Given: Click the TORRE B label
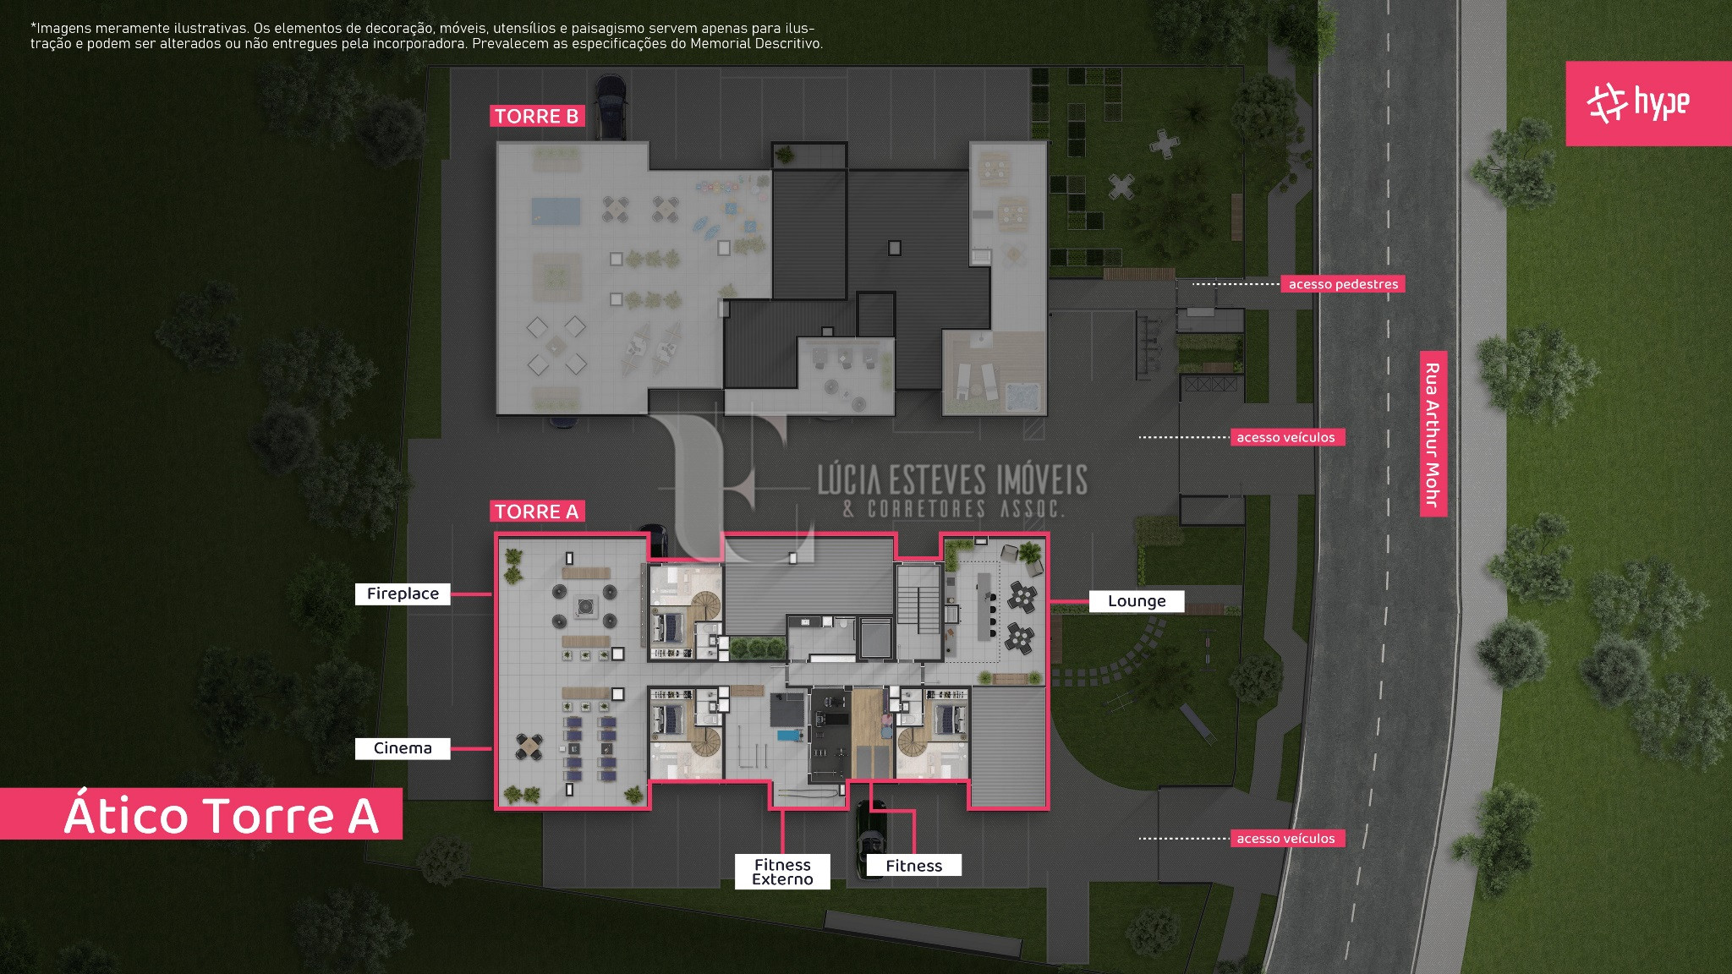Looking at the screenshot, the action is tap(537, 117).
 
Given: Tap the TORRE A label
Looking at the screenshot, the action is tap(537, 512).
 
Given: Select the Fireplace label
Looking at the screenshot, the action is tap(403, 594).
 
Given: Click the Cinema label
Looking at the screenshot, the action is tap(403, 748).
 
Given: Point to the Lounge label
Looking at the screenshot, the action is tap(1137, 601).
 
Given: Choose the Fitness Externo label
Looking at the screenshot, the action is tap(782, 872).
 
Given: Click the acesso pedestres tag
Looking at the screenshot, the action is tap(1343, 284).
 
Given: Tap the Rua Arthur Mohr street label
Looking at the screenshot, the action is tap(1433, 434).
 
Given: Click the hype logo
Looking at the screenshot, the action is tap(1648, 103).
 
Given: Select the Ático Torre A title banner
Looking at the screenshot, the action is tap(201, 814).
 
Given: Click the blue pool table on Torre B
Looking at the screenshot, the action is tap(556, 211).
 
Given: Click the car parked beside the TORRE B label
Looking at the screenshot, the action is tap(611, 107).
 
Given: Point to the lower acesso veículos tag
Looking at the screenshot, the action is tap(1285, 839).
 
